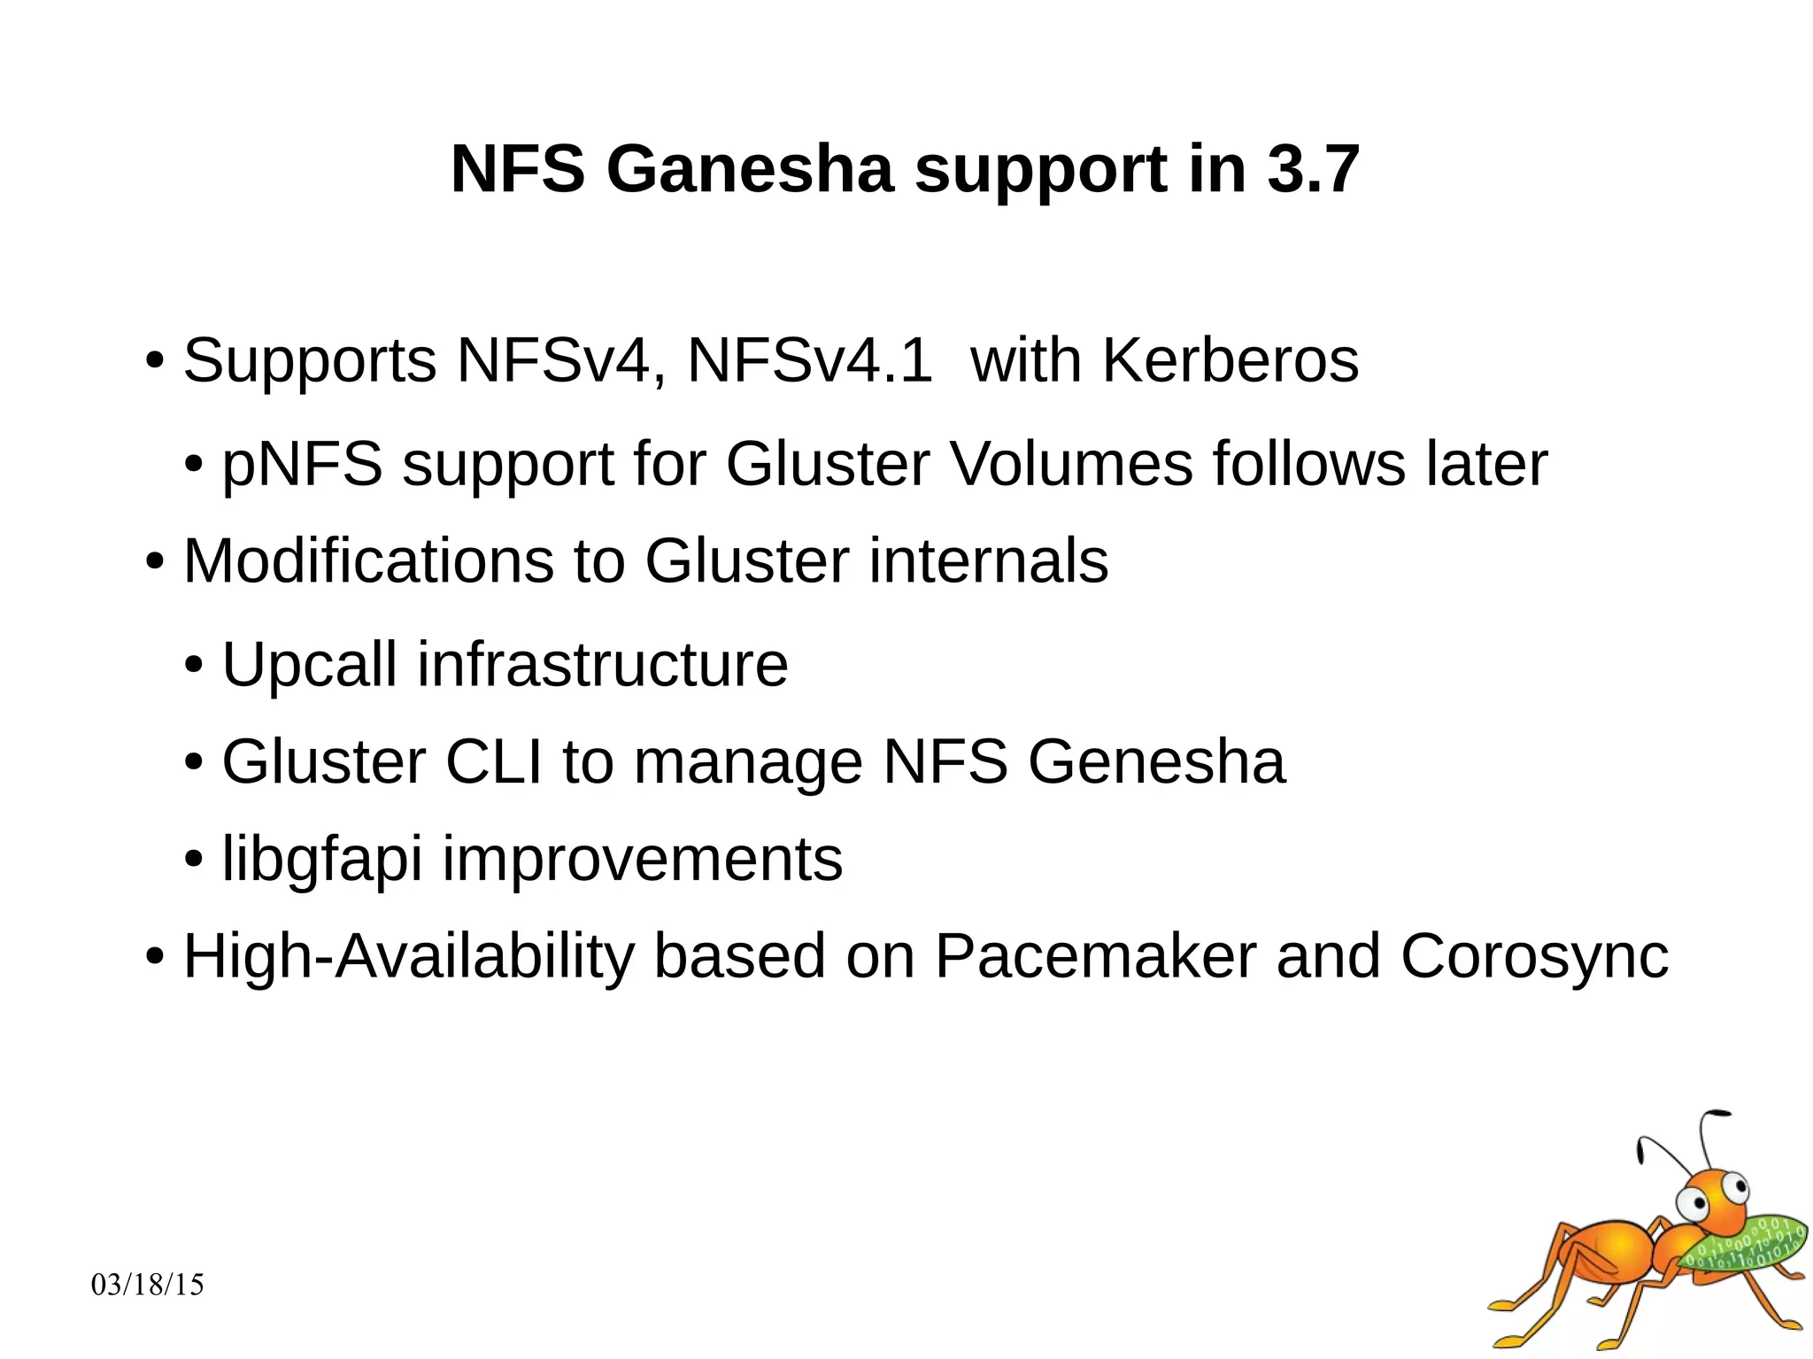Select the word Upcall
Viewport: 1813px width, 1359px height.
(309, 664)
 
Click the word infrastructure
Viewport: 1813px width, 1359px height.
(602, 664)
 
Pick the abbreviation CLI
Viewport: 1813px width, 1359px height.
(493, 761)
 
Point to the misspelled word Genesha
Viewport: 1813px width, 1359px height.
(1155, 761)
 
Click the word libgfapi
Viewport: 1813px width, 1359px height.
(321, 859)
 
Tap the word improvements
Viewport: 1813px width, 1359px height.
(642, 859)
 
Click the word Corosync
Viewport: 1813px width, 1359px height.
(1534, 956)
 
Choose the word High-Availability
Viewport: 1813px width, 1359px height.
(409, 956)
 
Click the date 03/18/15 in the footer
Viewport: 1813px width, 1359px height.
(148, 1285)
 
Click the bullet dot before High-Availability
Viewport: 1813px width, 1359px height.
(155, 957)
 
